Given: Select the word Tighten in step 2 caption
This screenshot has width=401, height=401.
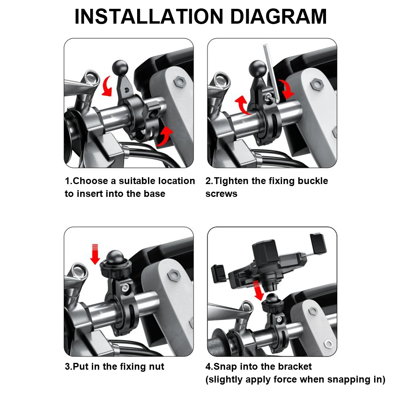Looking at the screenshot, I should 232,181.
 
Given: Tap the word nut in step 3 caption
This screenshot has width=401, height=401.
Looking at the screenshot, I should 156,367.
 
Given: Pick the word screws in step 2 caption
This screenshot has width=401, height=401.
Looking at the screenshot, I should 221,194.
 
